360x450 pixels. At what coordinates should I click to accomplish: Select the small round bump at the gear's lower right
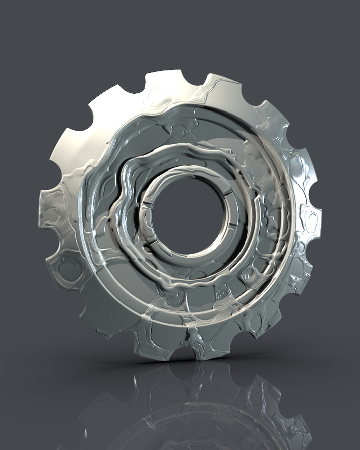(250, 276)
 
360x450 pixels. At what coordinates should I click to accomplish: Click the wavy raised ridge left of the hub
(121, 211)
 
